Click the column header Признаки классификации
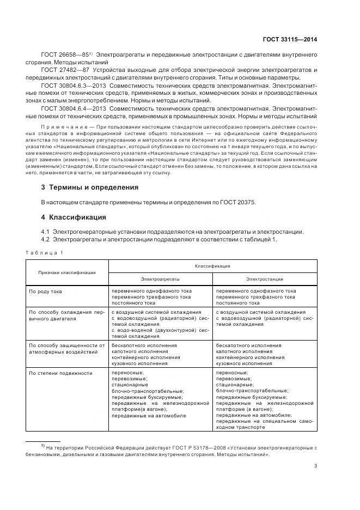pos(67,272)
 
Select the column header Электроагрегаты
pos(160,279)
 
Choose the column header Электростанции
pos(265,279)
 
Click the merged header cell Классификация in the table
pos(212,266)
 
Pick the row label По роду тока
pos(46,292)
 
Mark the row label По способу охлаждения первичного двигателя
pos(66,316)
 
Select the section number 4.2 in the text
pos(46,239)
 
